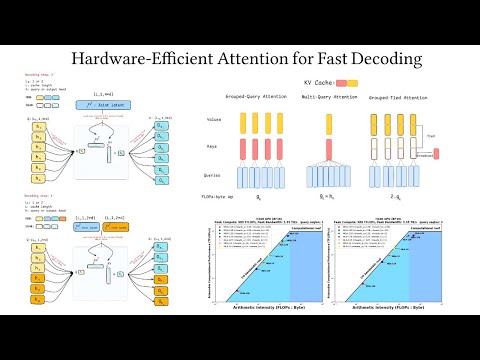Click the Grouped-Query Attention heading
pos(246,98)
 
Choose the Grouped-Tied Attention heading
pos(411,98)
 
